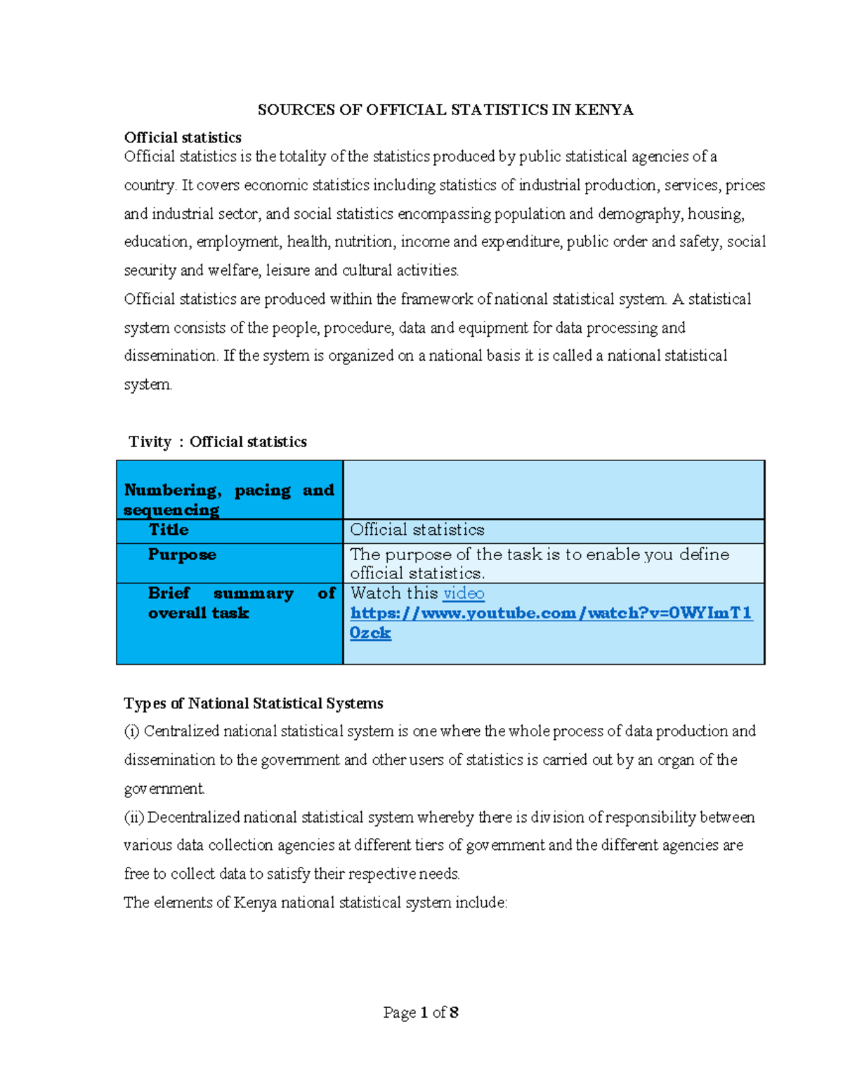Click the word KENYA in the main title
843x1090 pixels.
tap(603, 109)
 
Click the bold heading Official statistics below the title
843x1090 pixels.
tap(183, 138)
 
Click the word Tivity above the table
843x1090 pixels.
tap(150, 441)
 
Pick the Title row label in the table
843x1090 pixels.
tap(169, 530)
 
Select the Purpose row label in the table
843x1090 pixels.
tap(182, 554)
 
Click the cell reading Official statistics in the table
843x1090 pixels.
tap(417, 530)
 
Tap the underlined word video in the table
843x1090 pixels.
tap(464, 593)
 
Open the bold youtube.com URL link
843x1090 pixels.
tap(551, 613)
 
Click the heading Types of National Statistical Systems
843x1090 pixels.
tap(254, 703)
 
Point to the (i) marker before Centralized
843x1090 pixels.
tap(131, 731)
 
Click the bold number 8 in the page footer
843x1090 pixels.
tap(454, 1012)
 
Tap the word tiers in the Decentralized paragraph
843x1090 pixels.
tap(429, 845)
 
